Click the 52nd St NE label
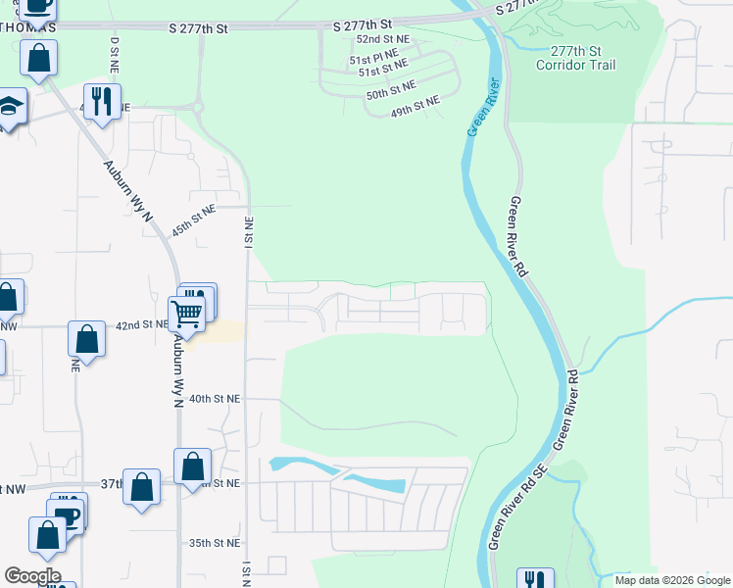point(382,38)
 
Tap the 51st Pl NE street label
point(373,57)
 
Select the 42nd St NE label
point(142,324)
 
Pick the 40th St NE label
point(215,399)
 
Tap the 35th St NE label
point(215,542)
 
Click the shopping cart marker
point(186,314)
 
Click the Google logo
point(31,576)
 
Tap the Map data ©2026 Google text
point(672,580)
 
